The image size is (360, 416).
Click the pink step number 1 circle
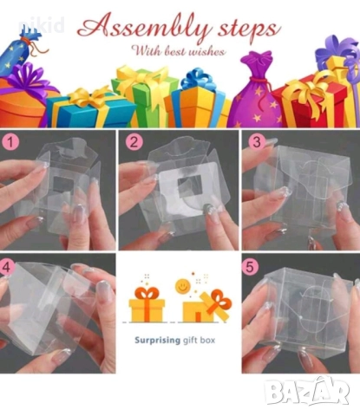point(10,142)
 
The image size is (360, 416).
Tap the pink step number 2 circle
point(134,142)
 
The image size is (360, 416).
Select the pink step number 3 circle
point(257,142)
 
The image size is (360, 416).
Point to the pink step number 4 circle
point(6,267)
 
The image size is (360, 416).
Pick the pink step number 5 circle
point(250,267)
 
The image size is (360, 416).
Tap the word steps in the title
point(249,30)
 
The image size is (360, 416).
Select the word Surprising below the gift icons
point(157,341)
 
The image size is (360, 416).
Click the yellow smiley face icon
point(181,287)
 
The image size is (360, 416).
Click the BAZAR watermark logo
point(307,391)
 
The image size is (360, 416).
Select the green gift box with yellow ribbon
point(141,94)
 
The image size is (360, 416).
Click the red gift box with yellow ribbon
point(314,101)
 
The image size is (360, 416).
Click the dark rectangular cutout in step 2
point(187,187)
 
